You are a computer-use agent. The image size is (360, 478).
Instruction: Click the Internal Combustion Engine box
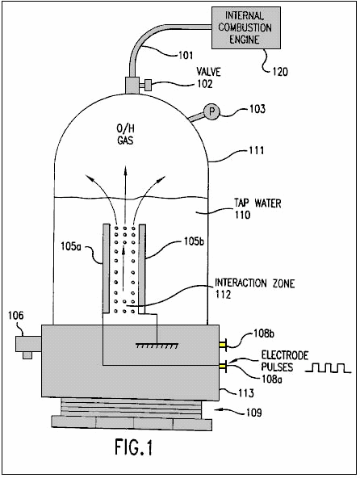[246, 27]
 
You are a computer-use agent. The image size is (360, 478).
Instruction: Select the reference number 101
[186, 55]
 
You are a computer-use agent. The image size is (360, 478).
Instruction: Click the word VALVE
[208, 72]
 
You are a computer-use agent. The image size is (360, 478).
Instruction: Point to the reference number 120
[280, 72]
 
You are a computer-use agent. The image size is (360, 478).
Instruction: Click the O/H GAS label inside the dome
[125, 135]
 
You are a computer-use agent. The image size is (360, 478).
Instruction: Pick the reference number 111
[257, 150]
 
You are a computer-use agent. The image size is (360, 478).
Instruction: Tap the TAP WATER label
[257, 203]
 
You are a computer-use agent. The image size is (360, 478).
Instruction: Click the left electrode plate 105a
[106, 268]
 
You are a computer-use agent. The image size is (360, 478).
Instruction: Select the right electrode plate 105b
[142, 268]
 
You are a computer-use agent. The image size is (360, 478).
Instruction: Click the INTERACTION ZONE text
[254, 283]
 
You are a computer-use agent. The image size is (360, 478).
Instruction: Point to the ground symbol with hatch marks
[157, 346]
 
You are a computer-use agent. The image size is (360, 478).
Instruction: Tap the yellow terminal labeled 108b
[223, 345]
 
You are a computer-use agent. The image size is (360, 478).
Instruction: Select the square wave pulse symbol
[329, 368]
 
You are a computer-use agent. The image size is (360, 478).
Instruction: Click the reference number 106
[15, 315]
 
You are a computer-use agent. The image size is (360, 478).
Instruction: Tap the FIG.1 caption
[133, 447]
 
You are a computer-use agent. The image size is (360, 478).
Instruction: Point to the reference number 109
[253, 413]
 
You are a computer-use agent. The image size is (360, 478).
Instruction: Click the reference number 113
[245, 393]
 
